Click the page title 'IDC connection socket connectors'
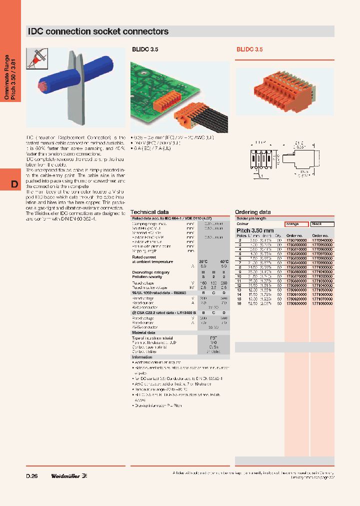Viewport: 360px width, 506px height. [x=98, y=31]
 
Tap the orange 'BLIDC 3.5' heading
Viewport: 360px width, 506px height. [x=249, y=50]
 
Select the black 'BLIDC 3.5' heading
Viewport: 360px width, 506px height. [x=144, y=50]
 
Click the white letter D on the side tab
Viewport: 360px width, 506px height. [x=14, y=184]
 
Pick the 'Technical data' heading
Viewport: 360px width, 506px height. [x=149, y=212]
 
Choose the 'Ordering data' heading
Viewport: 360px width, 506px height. [x=253, y=212]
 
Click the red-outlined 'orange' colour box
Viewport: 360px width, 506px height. [x=296, y=224]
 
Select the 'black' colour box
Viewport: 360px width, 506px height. [x=321, y=224]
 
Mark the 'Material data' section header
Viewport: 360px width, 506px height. [x=143, y=332]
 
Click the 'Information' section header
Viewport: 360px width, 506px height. [x=142, y=357]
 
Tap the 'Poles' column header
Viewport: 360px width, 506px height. [x=241, y=235]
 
